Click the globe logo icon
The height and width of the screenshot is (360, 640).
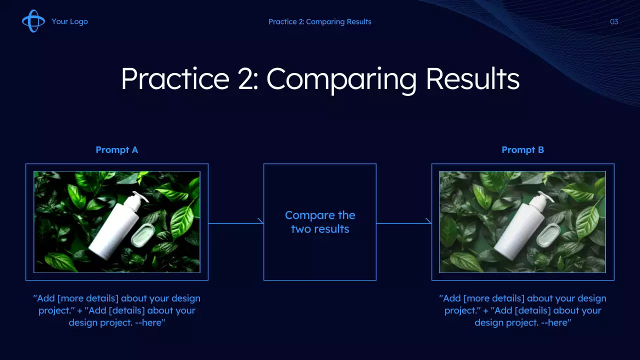[x=33, y=21]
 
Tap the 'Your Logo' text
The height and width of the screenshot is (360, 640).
[x=69, y=21]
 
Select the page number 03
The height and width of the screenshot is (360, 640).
[x=614, y=21]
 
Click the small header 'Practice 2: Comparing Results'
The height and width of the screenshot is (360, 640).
[x=319, y=21]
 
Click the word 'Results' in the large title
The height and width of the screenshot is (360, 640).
[x=472, y=79]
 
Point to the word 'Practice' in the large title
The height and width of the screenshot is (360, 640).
[x=175, y=79]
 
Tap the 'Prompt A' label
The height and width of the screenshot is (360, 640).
[x=117, y=150]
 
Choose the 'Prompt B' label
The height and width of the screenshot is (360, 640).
[x=523, y=150]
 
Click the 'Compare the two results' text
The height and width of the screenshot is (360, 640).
[x=320, y=222]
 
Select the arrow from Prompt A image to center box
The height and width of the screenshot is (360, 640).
[x=235, y=223]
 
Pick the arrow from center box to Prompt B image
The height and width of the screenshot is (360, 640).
[x=403, y=223]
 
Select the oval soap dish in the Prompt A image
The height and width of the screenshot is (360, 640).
[x=143, y=235]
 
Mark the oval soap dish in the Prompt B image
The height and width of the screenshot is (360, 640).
[x=548, y=235]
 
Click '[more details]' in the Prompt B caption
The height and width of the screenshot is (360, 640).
[x=493, y=298]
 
